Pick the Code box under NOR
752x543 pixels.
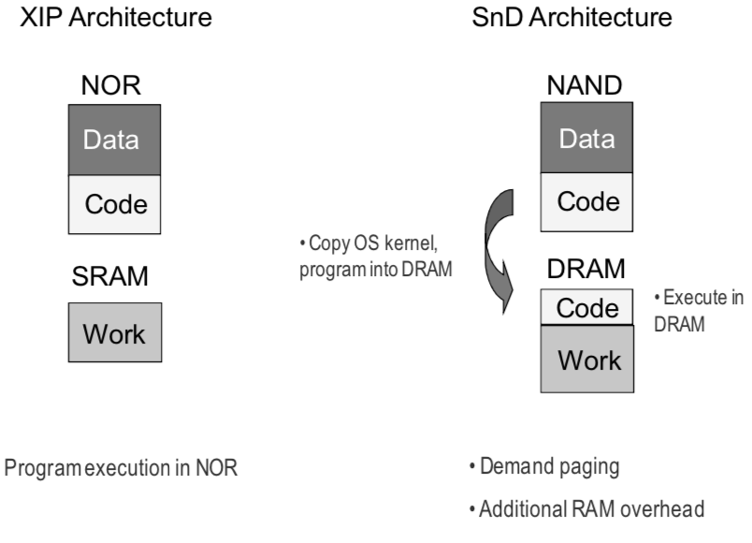pyautogui.click(x=116, y=203)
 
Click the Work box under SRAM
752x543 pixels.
pyautogui.click(x=115, y=333)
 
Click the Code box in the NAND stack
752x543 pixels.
pyautogui.click(x=587, y=202)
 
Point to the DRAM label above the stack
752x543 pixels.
pyautogui.click(x=586, y=270)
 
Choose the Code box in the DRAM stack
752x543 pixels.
pyautogui.click(x=587, y=308)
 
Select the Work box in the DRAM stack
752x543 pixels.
pyautogui.click(x=587, y=358)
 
